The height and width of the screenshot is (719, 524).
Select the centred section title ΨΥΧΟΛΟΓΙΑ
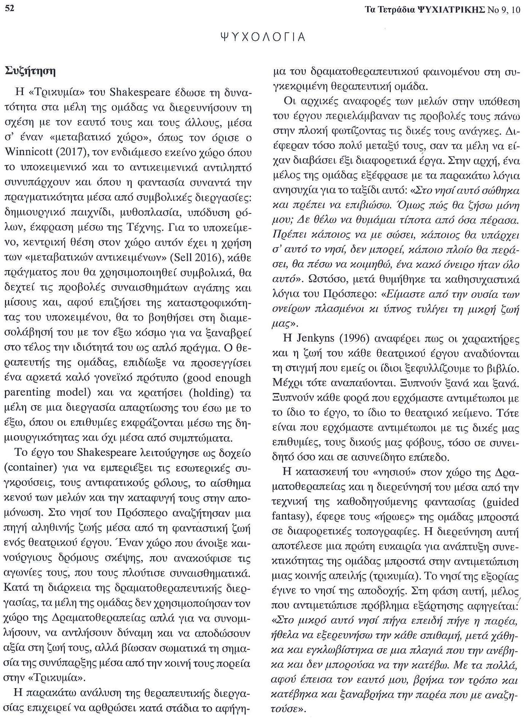pos(263,37)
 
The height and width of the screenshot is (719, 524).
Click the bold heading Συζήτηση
pos(30,71)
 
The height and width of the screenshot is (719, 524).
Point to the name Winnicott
pos(28,153)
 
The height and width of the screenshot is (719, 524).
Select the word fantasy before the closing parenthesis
pos(288,516)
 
